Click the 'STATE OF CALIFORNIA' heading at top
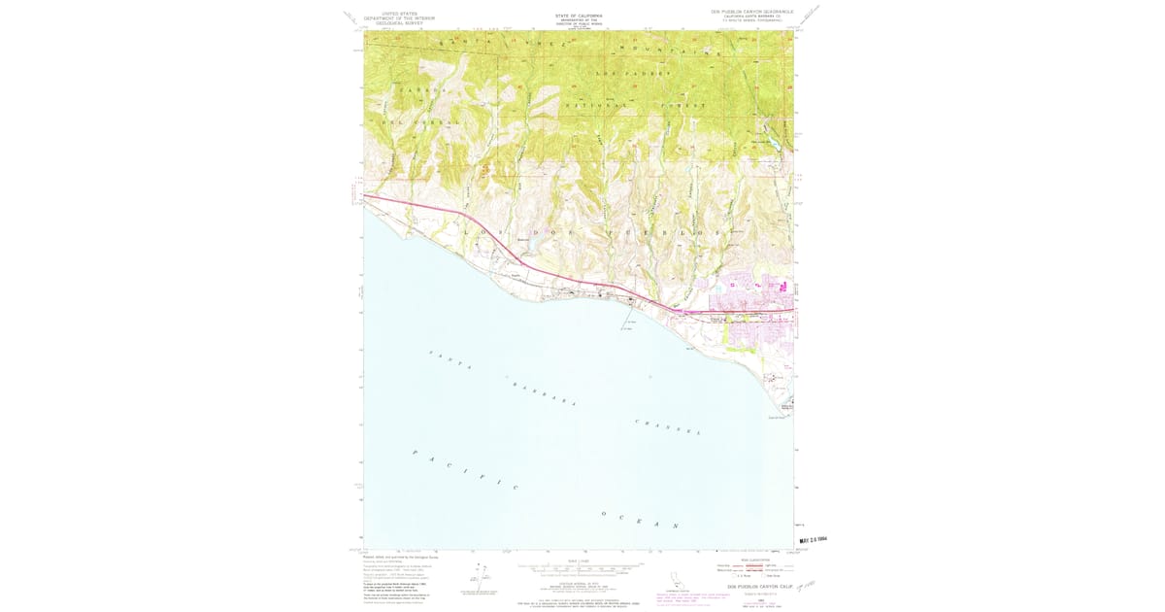coord(579,16)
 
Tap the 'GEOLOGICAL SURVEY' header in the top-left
coord(387,23)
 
